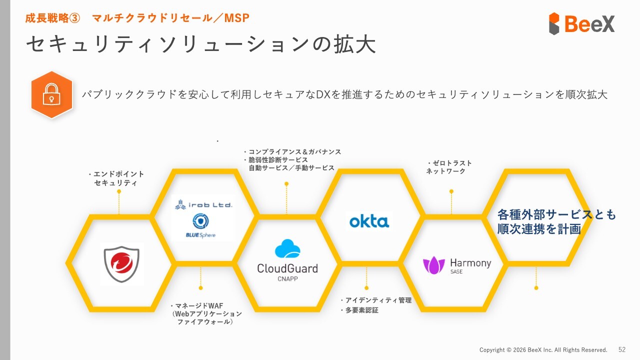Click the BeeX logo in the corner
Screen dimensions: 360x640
(x=582, y=23)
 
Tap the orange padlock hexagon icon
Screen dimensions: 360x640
(x=51, y=94)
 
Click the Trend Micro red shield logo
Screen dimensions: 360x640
(x=121, y=264)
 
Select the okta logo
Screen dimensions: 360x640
(x=369, y=220)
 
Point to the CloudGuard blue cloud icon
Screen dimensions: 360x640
(x=287, y=249)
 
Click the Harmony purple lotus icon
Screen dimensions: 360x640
(x=433, y=265)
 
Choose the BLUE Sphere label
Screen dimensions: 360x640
(x=200, y=235)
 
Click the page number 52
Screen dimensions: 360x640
(x=622, y=349)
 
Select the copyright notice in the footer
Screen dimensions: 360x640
(x=543, y=350)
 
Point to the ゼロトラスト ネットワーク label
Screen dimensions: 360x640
(x=448, y=167)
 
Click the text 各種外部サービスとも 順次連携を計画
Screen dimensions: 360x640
(x=556, y=222)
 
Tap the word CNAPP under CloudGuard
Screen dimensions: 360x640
(x=287, y=278)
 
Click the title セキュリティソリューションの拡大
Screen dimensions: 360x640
(x=200, y=44)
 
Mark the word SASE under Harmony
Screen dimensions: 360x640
(x=456, y=271)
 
